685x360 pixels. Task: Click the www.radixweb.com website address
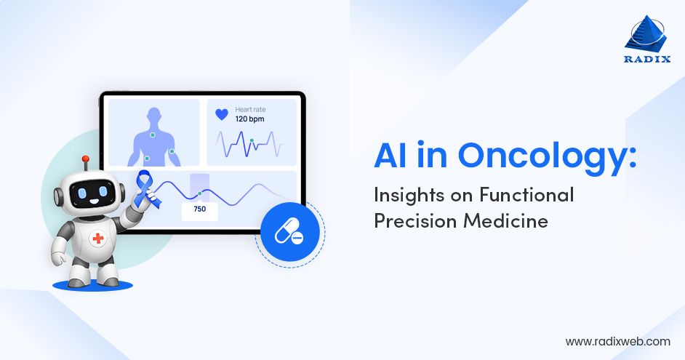[617, 340]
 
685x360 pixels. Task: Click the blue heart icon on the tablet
[222, 115]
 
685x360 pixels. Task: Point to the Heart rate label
[252, 108]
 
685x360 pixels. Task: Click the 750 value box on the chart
[200, 209]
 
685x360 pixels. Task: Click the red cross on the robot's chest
[98, 238]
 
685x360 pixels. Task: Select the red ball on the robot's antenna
[85, 158]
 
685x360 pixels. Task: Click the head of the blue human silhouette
[153, 115]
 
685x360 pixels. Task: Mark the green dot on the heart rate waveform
[252, 140]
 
